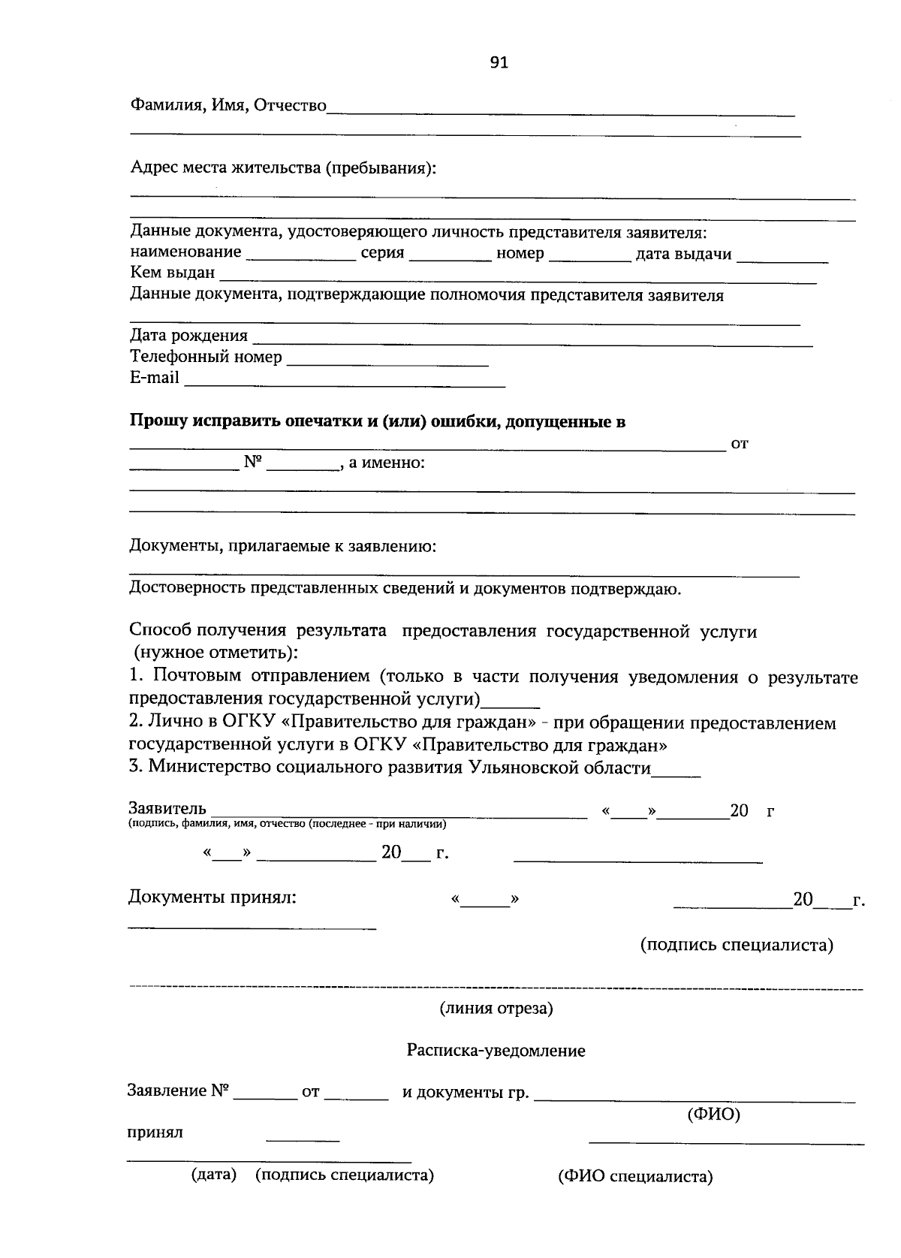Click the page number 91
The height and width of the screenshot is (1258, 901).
[499, 63]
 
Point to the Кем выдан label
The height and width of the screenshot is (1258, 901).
[173, 273]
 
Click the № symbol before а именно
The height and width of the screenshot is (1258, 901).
[252, 463]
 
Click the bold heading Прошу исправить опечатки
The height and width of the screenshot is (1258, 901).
[378, 421]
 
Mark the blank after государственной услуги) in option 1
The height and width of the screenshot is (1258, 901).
[511, 704]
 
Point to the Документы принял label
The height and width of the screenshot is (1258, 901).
[212, 897]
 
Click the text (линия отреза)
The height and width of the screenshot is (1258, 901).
[496, 1008]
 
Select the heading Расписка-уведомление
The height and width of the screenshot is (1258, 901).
[496, 1050]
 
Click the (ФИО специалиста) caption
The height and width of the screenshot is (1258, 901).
[634, 1176]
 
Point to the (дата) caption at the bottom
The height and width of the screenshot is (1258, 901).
[214, 1175]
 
